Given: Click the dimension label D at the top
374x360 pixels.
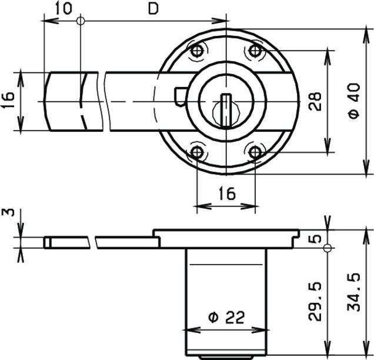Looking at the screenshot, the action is (153, 9).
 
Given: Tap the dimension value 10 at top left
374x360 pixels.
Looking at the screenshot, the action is (64, 8).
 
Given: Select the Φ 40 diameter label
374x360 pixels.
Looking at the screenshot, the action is (354, 101).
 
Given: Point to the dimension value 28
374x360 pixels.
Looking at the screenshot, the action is (315, 101).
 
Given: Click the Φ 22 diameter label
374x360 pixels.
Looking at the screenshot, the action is (226, 317).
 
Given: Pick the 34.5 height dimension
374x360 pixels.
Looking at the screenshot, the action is (353, 292).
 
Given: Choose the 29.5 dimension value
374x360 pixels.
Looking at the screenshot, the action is (315, 301).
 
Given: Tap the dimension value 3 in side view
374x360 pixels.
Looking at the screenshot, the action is (8, 212).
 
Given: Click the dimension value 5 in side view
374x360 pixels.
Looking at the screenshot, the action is (317, 239).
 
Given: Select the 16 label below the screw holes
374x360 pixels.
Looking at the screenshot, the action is (227, 194).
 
